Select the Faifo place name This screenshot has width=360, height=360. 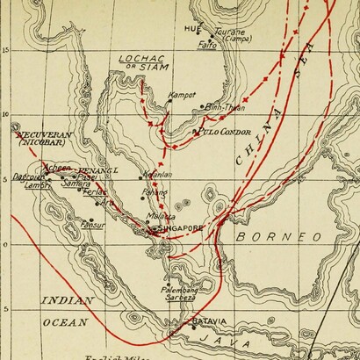[x=207, y=45]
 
